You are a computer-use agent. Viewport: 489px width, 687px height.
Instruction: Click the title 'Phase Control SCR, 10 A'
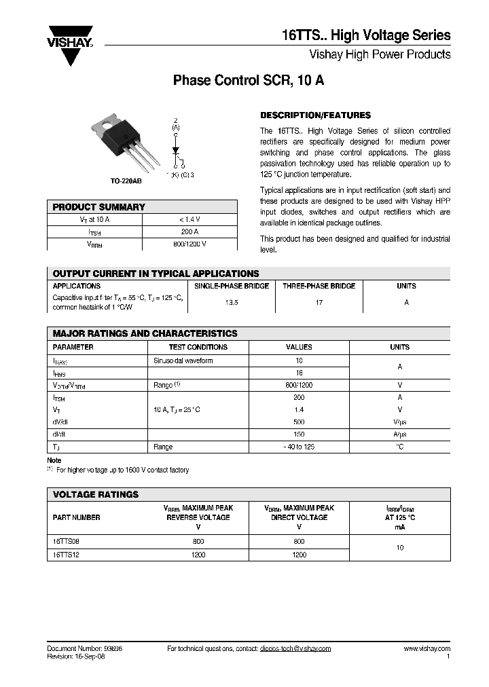[249, 80]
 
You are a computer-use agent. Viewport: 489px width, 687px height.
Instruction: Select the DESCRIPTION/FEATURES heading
[315, 115]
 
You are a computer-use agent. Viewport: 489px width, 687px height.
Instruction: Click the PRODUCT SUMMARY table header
[99, 207]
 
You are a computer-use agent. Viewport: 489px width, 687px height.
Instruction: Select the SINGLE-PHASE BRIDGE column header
[232, 286]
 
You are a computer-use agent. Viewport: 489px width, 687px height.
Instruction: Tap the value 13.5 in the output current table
[232, 303]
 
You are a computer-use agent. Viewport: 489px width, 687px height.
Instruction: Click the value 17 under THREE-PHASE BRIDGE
[319, 303]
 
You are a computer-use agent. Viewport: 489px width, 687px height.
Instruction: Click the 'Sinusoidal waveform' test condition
[183, 360]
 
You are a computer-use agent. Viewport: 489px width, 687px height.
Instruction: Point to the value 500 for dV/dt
[299, 422]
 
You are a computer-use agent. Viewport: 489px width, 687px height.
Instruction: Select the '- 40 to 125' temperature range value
[299, 447]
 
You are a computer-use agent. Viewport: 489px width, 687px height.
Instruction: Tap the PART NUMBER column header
[76, 517]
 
